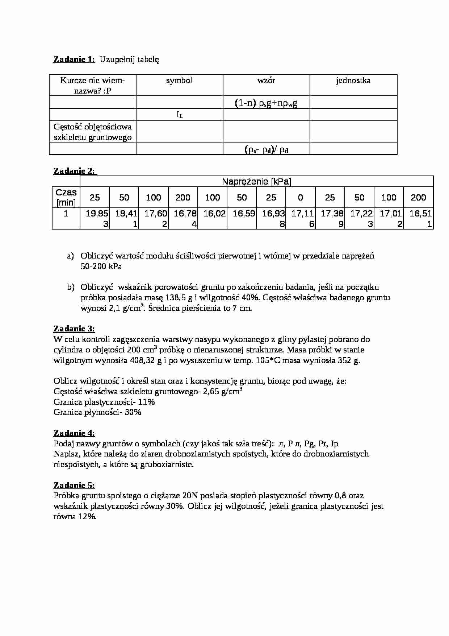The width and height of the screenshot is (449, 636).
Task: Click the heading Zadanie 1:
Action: click(74, 59)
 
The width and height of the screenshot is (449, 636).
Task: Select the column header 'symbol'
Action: click(179, 80)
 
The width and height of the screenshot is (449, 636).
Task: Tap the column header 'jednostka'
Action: click(353, 80)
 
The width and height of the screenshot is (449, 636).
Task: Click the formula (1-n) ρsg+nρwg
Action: click(266, 103)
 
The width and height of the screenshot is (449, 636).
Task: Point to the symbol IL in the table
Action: click(179, 115)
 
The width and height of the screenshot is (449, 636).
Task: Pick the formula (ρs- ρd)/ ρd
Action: click(266, 149)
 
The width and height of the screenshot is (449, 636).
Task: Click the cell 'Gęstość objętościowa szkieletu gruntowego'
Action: click(93, 132)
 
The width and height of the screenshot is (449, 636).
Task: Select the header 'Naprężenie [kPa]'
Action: click(256, 181)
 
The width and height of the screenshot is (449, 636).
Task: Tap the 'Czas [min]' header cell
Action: click(66, 197)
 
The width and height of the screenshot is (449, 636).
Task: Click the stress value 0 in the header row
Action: click(301, 198)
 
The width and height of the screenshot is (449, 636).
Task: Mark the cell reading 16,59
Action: click(242, 214)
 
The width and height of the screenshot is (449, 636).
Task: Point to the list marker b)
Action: click(71, 287)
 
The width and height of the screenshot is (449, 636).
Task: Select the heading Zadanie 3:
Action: click(74, 329)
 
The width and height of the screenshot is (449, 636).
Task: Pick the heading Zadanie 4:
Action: click(74, 433)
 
